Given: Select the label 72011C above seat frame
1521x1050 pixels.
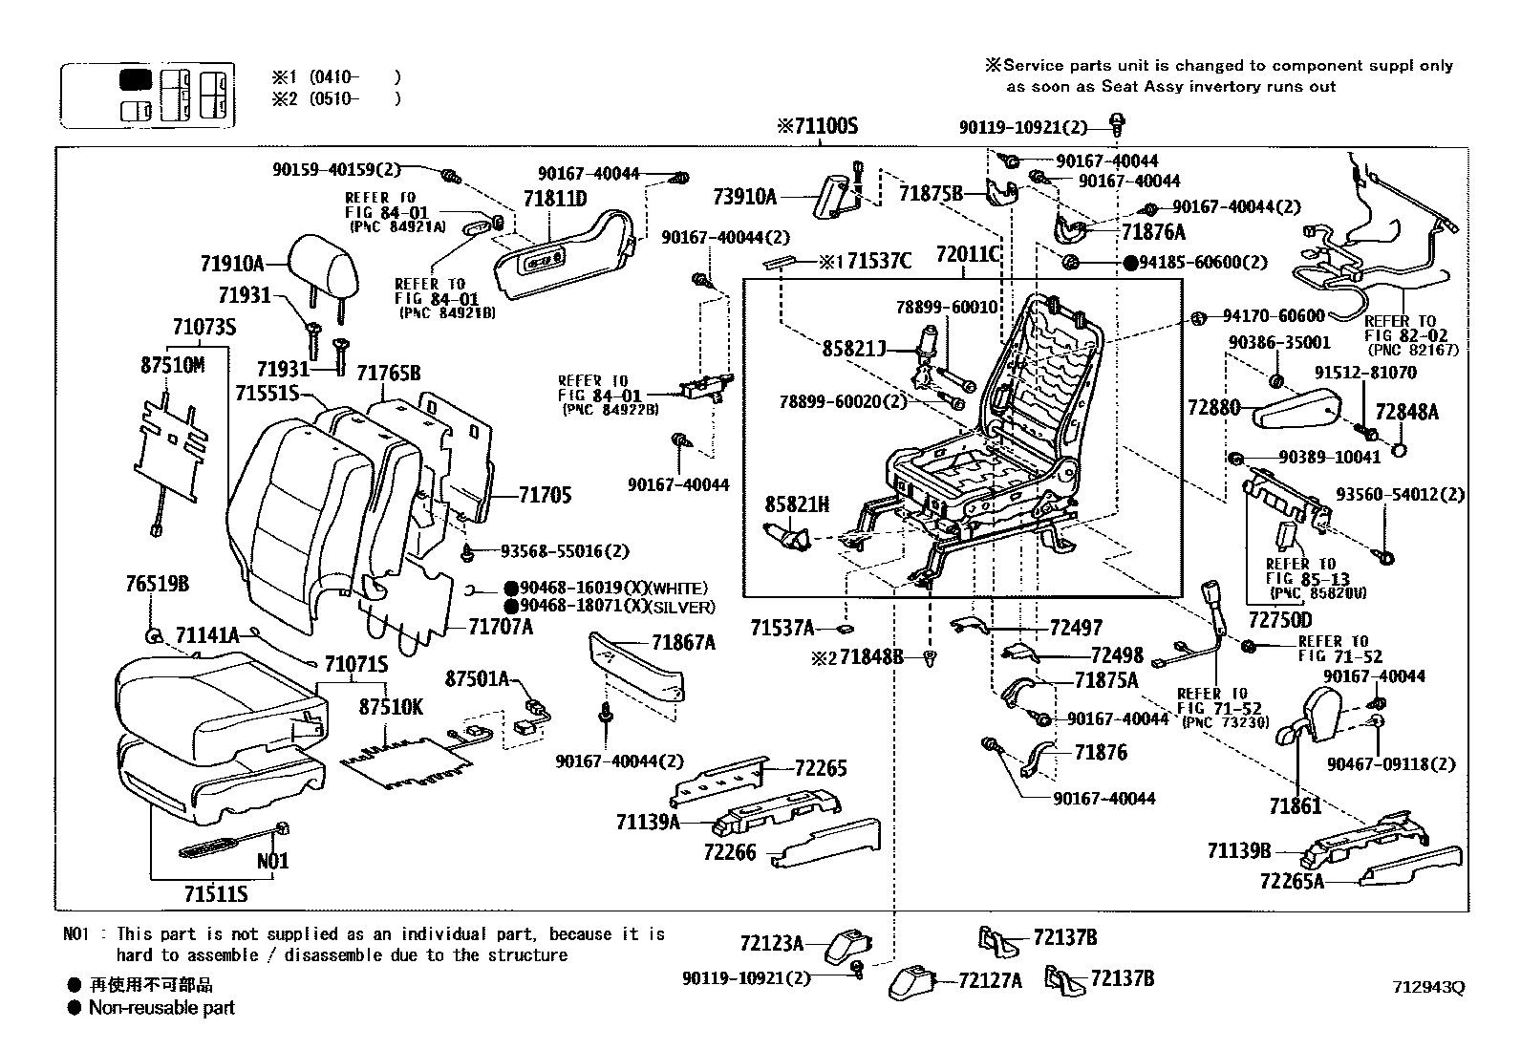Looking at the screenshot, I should (968, 254).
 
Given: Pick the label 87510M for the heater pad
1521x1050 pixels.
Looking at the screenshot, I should (173, 365).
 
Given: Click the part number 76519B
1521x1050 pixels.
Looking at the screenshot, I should (158, 584).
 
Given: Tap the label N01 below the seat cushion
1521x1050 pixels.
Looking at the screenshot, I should (272, 861).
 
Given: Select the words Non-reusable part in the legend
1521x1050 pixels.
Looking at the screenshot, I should (161, 1007).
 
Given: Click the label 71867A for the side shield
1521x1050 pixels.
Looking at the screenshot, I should (683, 642).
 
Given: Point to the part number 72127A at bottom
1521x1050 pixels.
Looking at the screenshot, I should (990, 980).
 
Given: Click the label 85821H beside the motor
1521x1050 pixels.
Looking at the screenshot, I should (797, 504).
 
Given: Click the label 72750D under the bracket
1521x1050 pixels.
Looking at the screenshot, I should (1279, 620).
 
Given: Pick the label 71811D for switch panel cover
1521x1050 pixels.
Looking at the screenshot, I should (554, 200).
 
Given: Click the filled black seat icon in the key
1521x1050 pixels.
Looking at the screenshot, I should (136, 79).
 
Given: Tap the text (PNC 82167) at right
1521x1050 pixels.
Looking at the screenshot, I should (1410, 351).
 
